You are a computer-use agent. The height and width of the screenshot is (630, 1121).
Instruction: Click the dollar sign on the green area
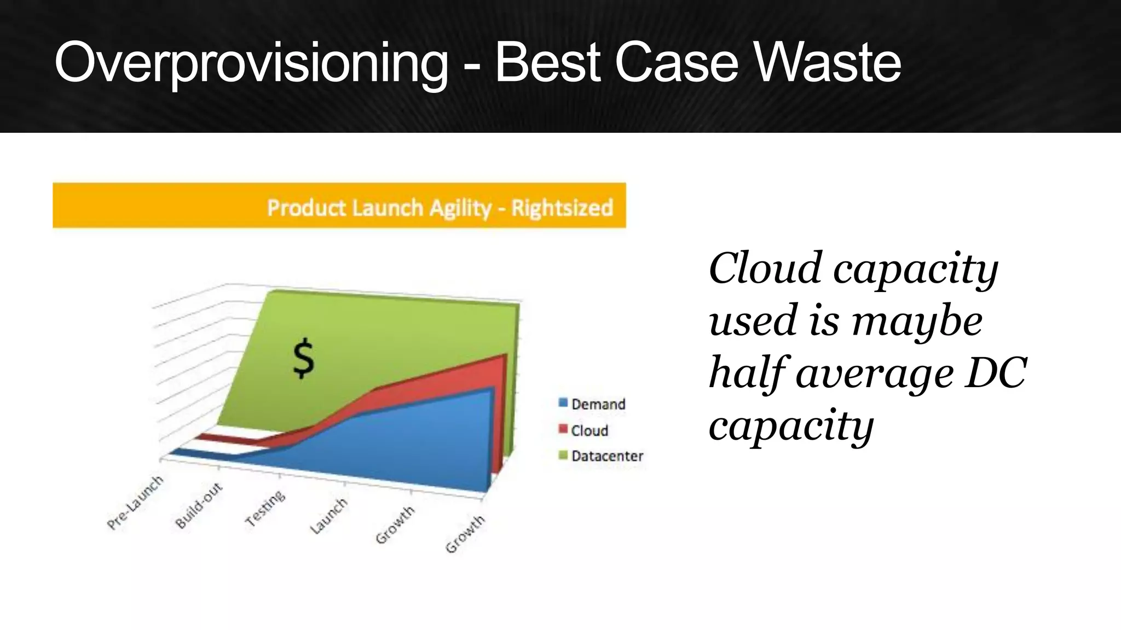point(304,359)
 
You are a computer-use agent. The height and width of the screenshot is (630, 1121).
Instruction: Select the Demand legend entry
point(598,404)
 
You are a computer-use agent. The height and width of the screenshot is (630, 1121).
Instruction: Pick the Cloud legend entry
point(590,430)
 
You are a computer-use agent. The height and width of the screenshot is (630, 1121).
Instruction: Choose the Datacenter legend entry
point(607,456)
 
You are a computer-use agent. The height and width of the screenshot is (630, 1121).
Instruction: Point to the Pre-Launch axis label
point(135,502)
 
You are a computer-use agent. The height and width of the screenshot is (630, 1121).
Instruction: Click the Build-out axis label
point(199,505)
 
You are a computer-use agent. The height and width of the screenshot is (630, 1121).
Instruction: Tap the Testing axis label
point(265,509)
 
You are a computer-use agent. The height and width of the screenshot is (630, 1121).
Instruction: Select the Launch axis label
point(329,516)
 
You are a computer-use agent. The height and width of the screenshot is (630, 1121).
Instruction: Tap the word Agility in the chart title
point(460,208)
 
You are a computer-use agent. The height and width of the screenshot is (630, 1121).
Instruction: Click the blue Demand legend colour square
point(563,404)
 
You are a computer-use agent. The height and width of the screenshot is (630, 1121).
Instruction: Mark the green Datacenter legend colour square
point(563,455)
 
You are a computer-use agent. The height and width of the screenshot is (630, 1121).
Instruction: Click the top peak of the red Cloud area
point(504,356)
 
